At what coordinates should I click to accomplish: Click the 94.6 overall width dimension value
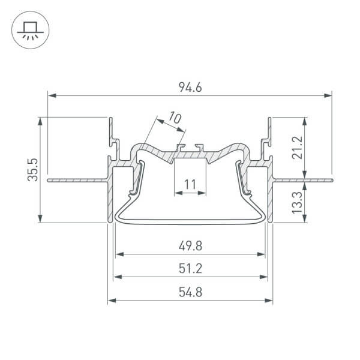point(190,87)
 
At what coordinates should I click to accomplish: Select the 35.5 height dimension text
point(34,169)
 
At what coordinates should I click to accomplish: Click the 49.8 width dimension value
point(190,245)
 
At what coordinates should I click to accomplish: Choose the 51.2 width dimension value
point(190,268)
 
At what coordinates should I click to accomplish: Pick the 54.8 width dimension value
point(190,293)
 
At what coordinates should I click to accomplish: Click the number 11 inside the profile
point(190,184)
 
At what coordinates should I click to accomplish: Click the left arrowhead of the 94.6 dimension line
point(51,95)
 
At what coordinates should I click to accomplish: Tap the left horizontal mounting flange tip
point(49,179)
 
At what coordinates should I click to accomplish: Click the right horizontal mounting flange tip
point(331,179)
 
